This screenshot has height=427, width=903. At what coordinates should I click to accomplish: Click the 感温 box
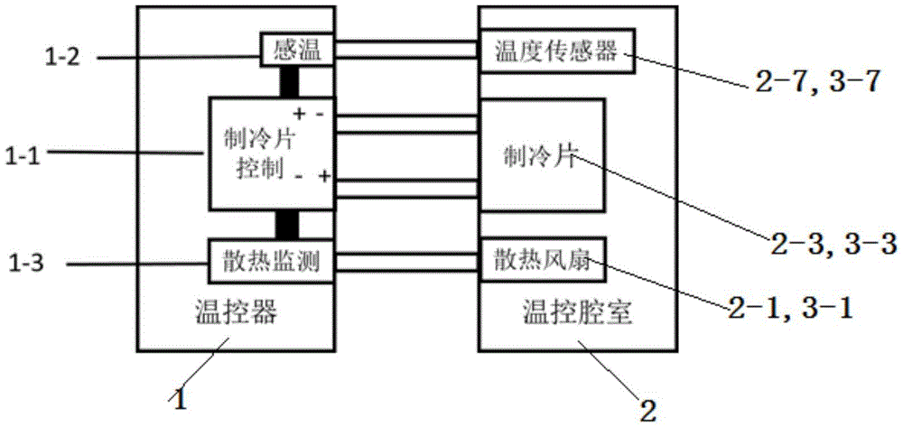click(x=297, y=51)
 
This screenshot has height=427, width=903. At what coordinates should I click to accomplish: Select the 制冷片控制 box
click(x=272, y=153)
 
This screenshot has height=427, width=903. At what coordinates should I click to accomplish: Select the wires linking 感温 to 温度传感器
click(x=406, y=51)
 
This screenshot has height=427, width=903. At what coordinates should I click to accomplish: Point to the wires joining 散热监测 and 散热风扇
click(x=406, y=262)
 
